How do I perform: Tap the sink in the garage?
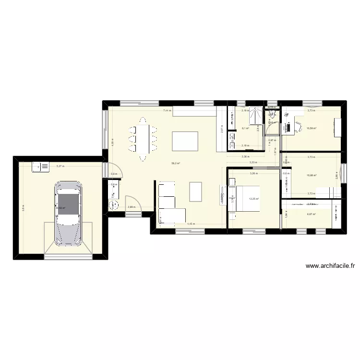[x=40, y=167]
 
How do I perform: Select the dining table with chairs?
[x=143, y=139]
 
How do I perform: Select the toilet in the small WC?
[x=272, y=114]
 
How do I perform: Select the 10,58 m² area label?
[x=312, y=128]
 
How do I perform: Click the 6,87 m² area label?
[x=312, y=214]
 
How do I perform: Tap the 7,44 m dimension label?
[x=167, y=111]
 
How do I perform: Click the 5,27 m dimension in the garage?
[x=60, y=166]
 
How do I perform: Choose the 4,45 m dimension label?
[x=191, y=224]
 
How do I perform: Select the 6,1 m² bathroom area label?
[x=245, y=128]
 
